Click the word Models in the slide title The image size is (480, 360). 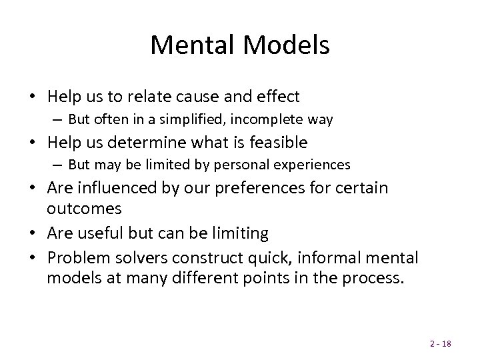288,45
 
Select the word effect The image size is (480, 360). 277,97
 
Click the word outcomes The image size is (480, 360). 84,208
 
